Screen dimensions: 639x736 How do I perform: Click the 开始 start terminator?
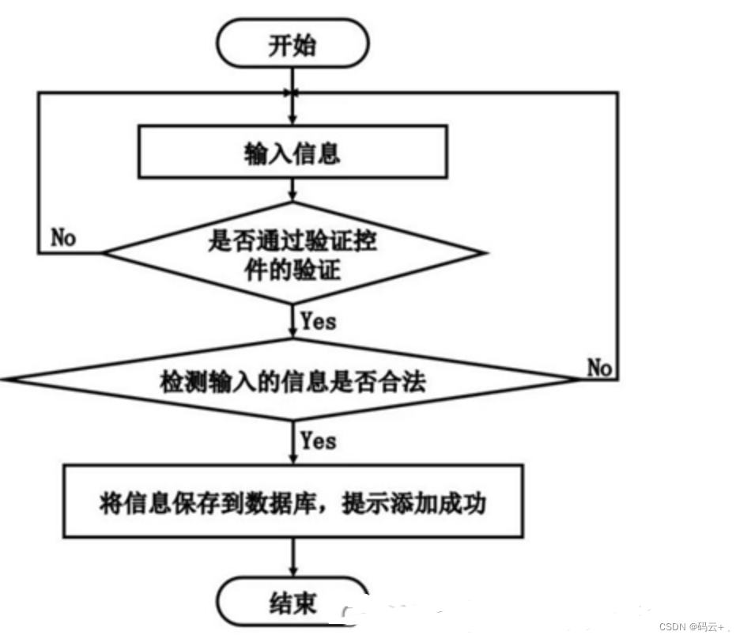[x=293, y=46]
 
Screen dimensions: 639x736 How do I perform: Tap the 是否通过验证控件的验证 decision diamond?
[x=293, y=254]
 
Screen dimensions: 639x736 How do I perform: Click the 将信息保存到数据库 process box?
[x=293, y=503]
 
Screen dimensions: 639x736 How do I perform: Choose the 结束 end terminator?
[x=293, y=603]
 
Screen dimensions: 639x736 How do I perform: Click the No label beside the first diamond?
[x=63, y=237]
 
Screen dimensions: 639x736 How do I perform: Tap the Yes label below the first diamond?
[x=318, y=321]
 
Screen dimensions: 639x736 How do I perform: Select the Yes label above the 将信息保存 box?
[x=318, y=440]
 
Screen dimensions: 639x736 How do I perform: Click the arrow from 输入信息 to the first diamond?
[x=293, y=190]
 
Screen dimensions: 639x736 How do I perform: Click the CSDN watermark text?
[x=685, y=626]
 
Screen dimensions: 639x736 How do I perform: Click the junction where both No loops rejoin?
[x=293, y=93]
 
